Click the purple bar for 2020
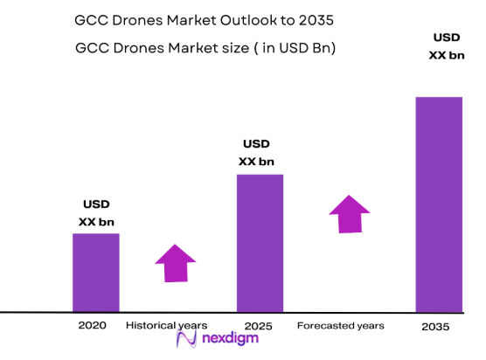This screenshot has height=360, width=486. point(95,272)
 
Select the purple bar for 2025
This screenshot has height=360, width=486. point(260,242)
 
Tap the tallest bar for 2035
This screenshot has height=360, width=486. point(439,204)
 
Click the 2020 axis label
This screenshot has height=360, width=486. point(92,325)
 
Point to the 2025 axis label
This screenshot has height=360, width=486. point(259,326)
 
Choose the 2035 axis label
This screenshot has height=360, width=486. point(434,327)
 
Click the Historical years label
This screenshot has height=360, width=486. point(166,325)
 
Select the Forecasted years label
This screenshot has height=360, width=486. point(340,326)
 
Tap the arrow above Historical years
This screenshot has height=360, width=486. point(176,263)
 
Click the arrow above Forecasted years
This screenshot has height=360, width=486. point(350,213)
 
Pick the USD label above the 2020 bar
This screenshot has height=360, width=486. point(96,204)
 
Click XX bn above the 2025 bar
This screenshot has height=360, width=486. point(256,162)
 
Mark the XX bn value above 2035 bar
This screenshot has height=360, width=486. point(446,54)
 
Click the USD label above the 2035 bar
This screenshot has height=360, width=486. point(447,37)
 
